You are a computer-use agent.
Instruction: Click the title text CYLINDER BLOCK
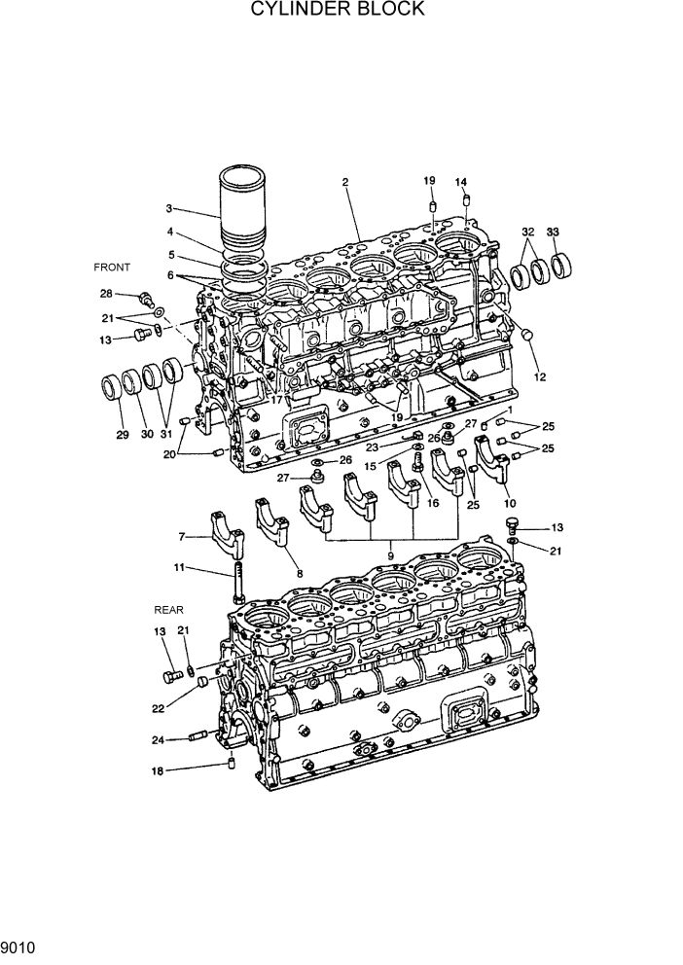click(x=338, y=10)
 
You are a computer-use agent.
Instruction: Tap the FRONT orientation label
click(x=112, y=267)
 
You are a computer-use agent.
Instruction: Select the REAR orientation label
click(x=168, y=610)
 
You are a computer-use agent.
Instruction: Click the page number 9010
click(x=19, y=946)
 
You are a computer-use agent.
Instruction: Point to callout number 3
click(x=168, y=208)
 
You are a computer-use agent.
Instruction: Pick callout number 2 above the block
click(x=345, y=182)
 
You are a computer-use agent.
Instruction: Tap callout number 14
click(x=461, y=182)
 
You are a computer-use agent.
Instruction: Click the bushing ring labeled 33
click(x=563, y=265)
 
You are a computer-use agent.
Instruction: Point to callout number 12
click(x=539, y=376)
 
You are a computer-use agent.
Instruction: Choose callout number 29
click(x=123, y=435)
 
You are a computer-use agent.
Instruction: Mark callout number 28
click(x=106, y=293)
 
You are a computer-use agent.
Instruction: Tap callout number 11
click(x=179, y=568)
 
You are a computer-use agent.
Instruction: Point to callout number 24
click(x=158, y=739)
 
